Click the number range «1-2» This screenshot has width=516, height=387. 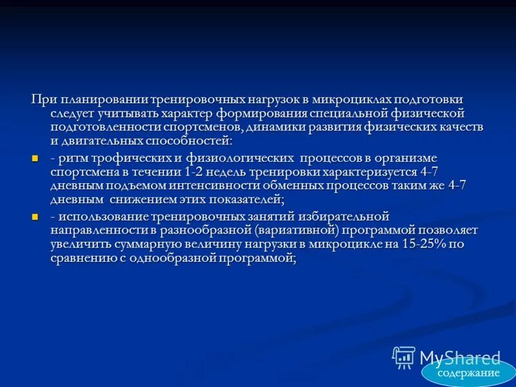click(195, 172)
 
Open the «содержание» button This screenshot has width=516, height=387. click(468, 373)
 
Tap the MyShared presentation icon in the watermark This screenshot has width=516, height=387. click(404, 357)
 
